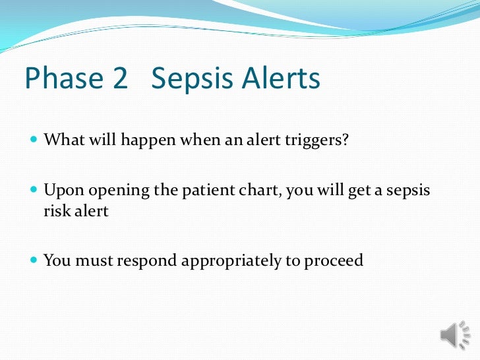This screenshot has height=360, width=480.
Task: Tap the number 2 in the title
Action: (x=119, y=79)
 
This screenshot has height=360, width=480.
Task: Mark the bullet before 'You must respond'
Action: (x=34, y=260)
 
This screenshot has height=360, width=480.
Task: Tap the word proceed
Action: (x=334, y=261)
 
